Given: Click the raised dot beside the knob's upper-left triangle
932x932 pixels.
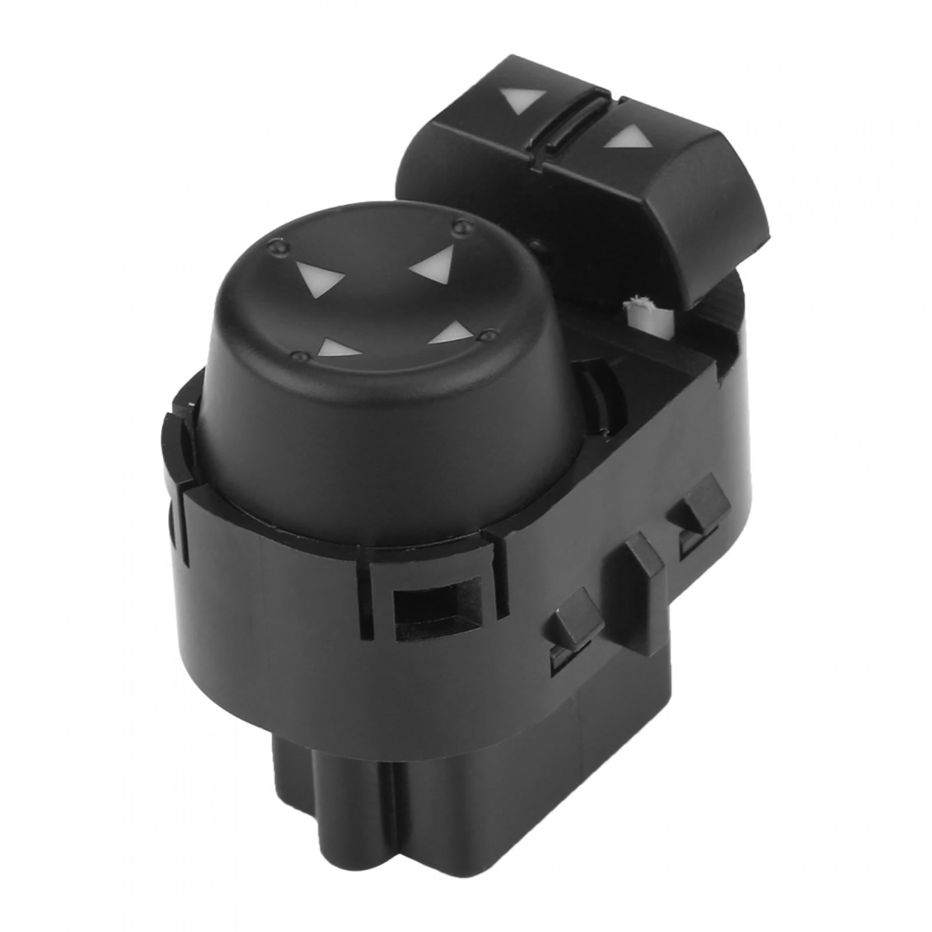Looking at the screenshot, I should tap(273, 249).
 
